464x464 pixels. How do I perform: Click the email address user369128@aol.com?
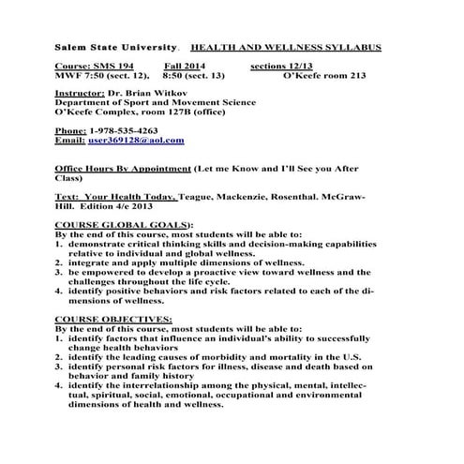(136, 140)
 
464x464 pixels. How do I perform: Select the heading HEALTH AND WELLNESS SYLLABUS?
(285, 47)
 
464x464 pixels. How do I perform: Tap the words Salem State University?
(103, 47)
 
